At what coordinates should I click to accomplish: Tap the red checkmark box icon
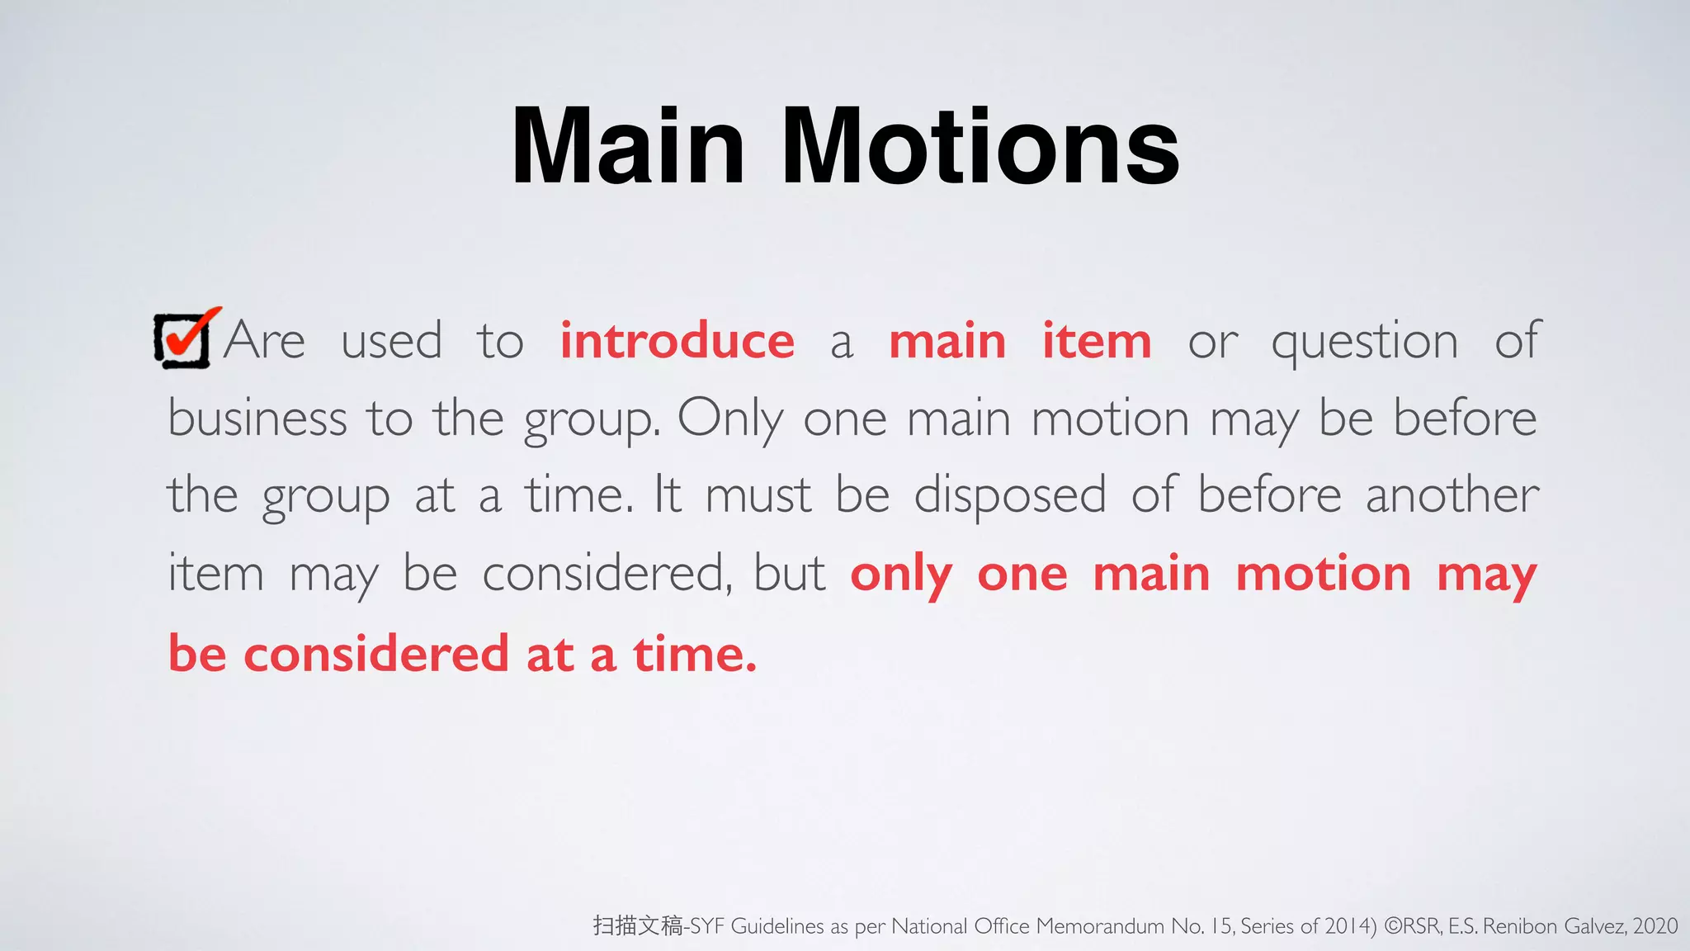point(185,338)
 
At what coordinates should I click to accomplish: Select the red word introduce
point(677,340)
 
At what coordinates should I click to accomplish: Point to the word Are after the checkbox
point(264,340)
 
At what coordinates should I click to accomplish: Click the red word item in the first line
point(1097,340)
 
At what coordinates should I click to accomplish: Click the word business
point(257,418)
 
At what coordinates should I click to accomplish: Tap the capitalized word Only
point(729,419)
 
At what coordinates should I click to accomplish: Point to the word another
point(1452,495)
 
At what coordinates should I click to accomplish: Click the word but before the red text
point(790,573)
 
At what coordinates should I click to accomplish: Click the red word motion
point(1323,573)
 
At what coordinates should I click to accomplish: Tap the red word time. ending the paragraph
point(694,654)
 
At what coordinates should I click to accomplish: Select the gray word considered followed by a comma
point(607,573)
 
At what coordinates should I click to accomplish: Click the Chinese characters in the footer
point(637,925)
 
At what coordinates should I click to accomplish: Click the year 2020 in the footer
point(1655,926)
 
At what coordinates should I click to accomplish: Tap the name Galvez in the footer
point(1592,926)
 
